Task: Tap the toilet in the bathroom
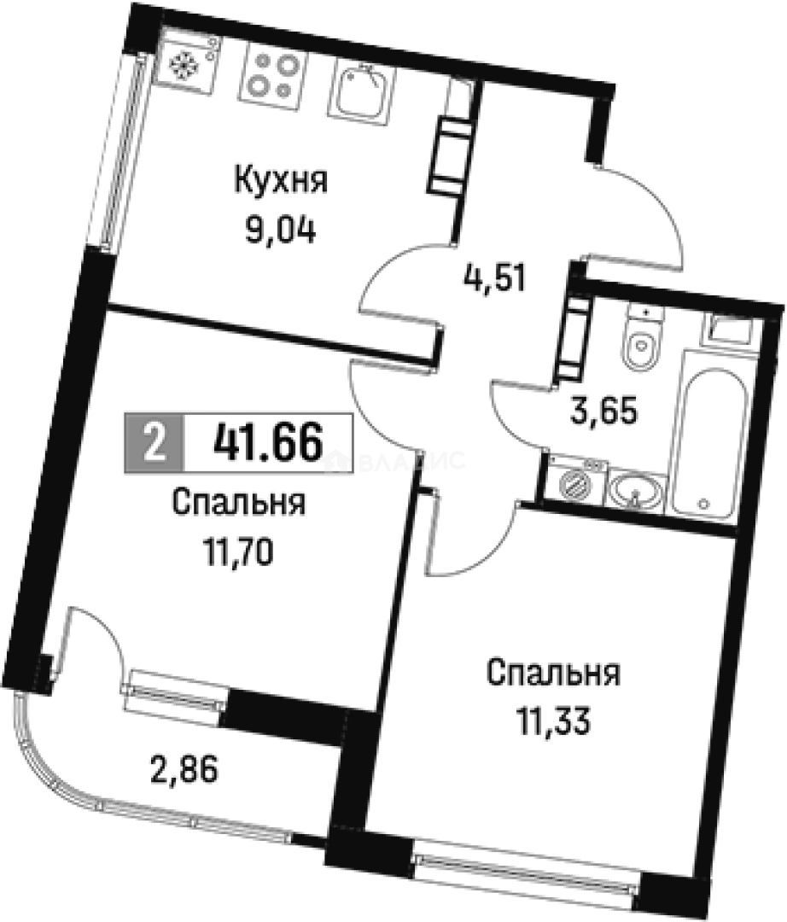(639, 341)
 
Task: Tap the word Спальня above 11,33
(553, 675)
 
